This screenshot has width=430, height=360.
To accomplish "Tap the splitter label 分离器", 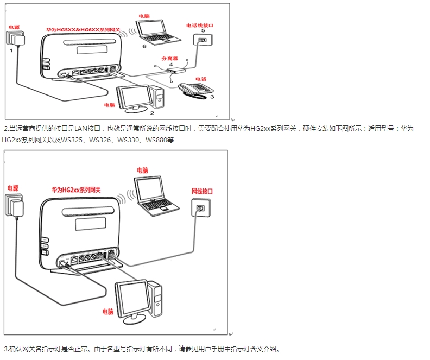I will click(x=170, y=56).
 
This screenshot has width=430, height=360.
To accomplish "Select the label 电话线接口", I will click(x=203, y=25).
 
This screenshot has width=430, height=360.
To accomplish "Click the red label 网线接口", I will click(x=202, y=192).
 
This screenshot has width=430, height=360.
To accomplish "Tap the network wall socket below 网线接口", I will click(x=199, y=208).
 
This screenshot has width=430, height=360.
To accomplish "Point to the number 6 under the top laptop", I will click(x=144, y=47).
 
